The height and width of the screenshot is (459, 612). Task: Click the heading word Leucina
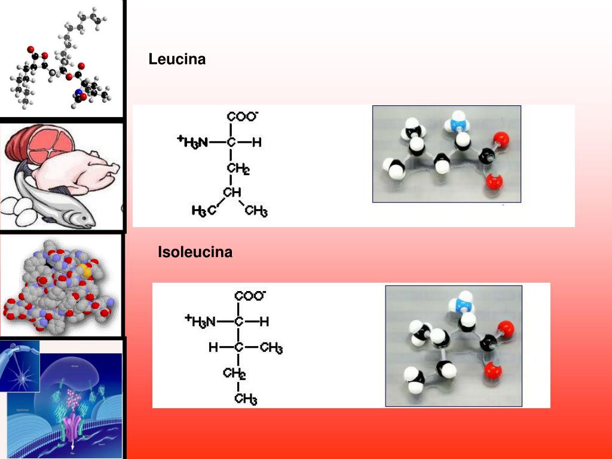[177, 59]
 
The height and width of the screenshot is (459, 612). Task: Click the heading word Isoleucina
[195, 252]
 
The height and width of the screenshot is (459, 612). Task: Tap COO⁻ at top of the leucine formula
[242, 117]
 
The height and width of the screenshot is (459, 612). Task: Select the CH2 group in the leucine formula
[238, 169]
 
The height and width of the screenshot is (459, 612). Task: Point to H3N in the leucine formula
[195, 142]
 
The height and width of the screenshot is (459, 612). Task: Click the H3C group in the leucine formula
[204, 211]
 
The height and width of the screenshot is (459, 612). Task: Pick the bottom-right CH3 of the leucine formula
[256, 211]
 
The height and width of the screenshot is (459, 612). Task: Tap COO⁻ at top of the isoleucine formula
[250, 296]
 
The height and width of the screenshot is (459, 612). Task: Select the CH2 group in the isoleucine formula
[234, 374]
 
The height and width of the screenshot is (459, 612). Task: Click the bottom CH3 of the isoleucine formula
[246, 398]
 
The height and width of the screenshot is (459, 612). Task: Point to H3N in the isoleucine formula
[203, 322]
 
